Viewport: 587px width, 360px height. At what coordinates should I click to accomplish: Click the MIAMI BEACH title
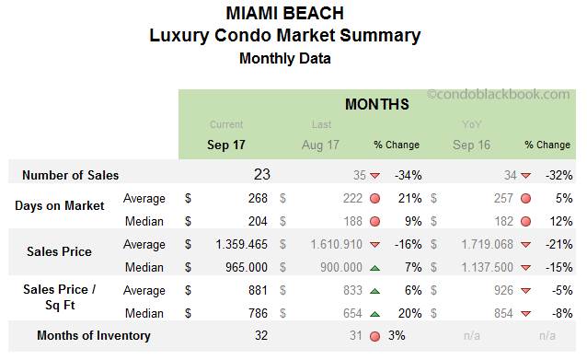click(x=284, y=13)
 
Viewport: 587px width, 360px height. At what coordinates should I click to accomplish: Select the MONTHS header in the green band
click(x=376, y=104)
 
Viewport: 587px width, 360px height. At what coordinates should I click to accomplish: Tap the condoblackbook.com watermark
click(x=498, y=94)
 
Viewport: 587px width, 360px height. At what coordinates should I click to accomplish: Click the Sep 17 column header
click(x=226, y=145)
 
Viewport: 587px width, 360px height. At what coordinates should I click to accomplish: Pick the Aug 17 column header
click(x=320, y=145)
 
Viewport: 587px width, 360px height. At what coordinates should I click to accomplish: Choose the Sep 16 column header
click(x=471, y=145)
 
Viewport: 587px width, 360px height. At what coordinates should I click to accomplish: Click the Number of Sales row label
click(x=70, y=175)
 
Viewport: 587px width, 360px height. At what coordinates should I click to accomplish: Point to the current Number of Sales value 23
click(x=261, y=174)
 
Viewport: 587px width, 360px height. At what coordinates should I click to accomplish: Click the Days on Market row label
click(x=59, y=205)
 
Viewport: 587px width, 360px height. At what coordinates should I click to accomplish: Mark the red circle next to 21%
click(x=374, y=198)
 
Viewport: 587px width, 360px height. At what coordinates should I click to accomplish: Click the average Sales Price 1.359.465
click(x=236, y=245)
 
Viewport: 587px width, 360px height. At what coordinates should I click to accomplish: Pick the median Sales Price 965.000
click(x=244, y=267)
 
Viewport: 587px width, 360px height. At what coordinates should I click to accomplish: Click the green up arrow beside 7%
click(x=374, y=268)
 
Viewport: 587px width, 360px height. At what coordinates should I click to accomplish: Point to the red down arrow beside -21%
click(x=525, y=245)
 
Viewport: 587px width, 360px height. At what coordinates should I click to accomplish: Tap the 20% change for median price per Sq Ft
click(x=409, y=312)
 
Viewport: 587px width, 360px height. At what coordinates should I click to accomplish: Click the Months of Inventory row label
click(x=93, y=335)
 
